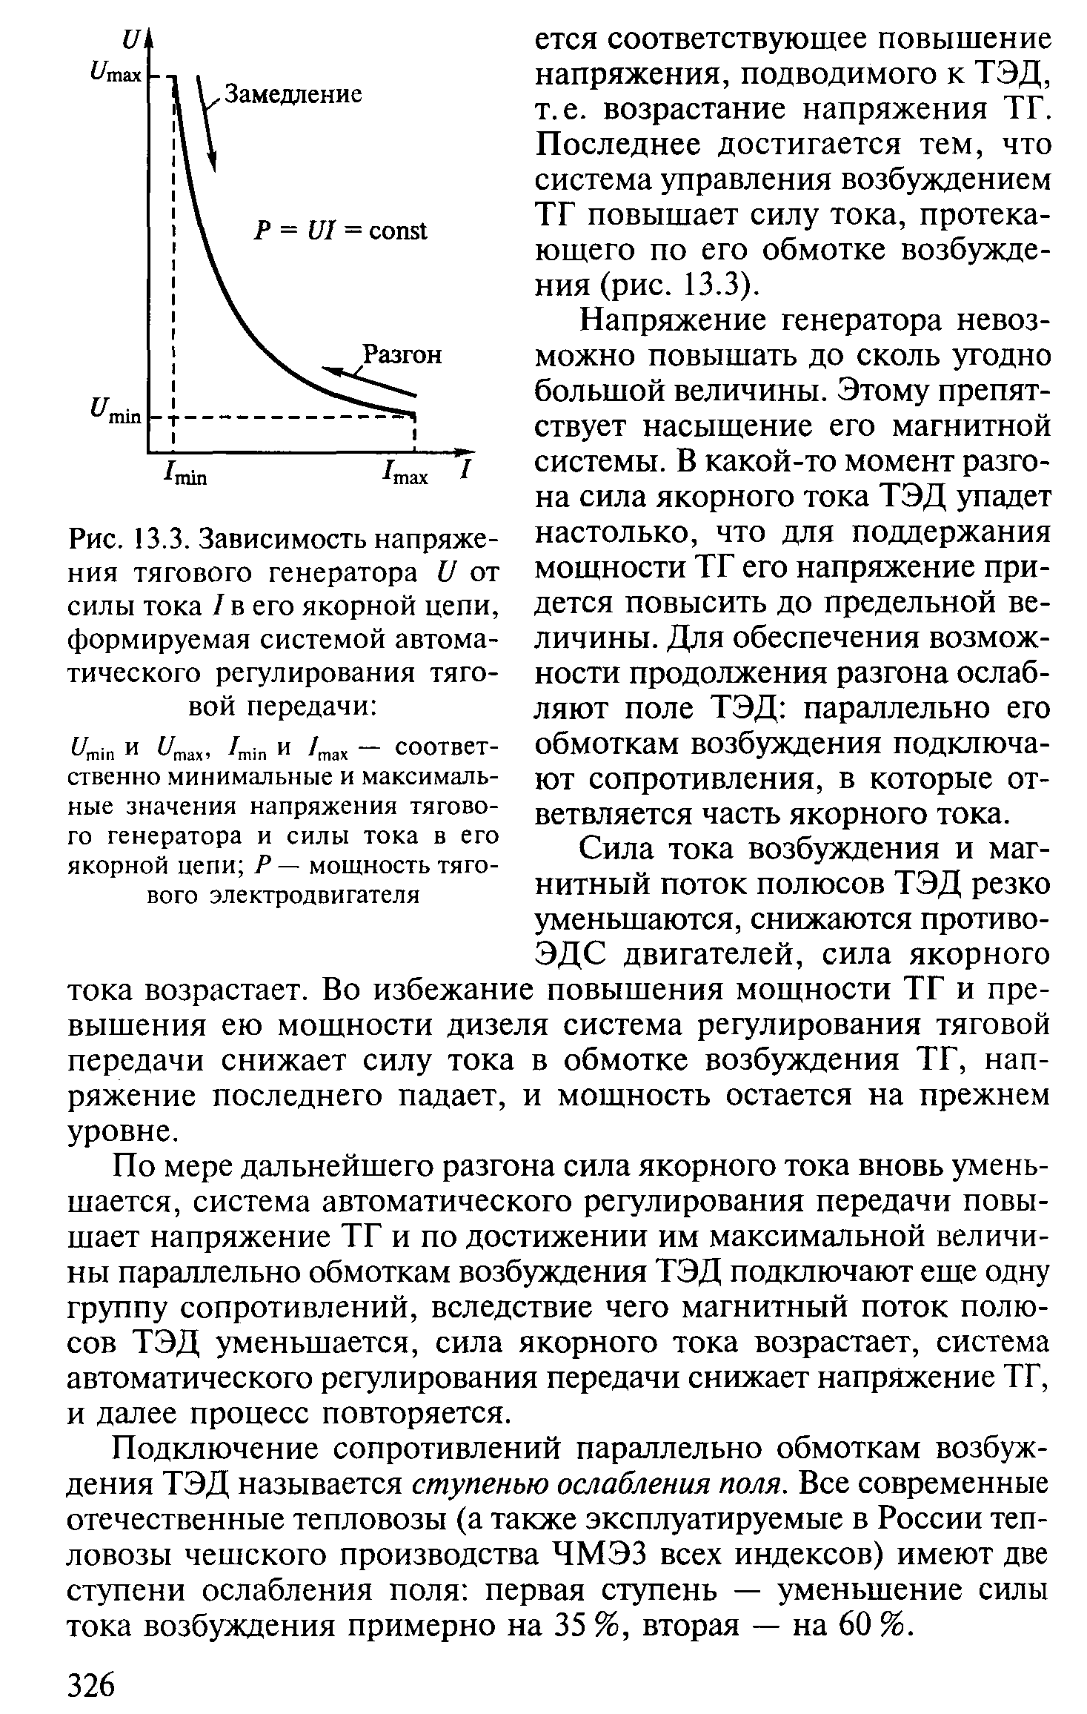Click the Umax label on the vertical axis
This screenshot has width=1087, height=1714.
114,76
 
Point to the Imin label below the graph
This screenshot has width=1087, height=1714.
186,474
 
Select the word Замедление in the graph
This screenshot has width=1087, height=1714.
293,95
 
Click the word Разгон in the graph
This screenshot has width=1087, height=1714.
400,355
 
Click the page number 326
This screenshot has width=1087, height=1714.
93,1685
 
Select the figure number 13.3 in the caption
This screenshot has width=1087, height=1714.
159,537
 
